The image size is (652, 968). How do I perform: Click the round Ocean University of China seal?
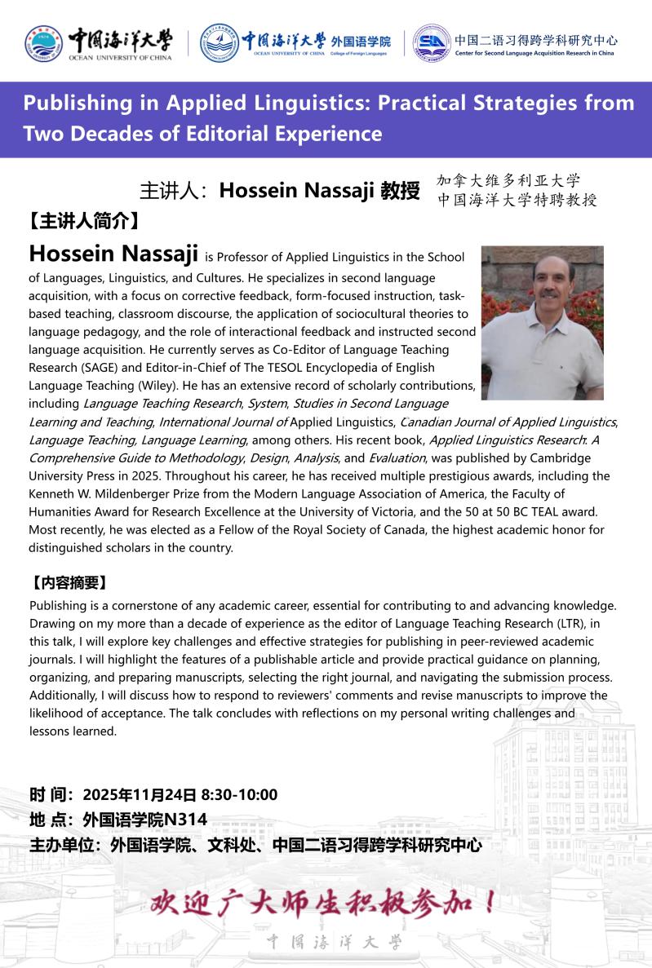43,42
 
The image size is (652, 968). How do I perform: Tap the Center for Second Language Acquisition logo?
432,42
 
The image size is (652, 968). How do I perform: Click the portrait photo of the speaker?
542,323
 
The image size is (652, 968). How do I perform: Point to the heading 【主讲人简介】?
81,221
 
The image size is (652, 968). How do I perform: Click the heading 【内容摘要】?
69,583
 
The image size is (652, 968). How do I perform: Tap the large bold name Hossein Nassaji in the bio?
113,254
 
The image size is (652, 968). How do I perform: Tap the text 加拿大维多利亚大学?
508,181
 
